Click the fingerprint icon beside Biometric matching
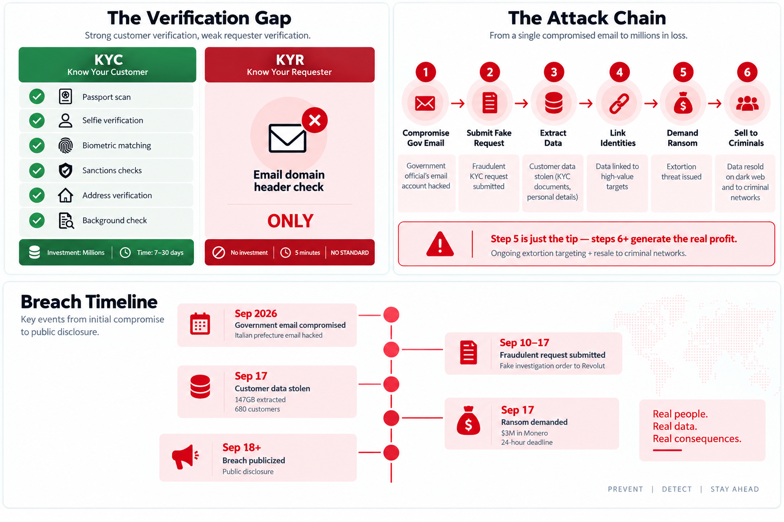(x=65, y=145)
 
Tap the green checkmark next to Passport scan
(x=37, y=96)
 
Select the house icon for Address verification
(x=65, y=195)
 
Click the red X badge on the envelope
(x=314, y=120)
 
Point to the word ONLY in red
(x=290, y=221)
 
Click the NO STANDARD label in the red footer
(x=350, y=252)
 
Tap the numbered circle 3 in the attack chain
(x=554, y=72)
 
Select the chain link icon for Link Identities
(x=619, y=103)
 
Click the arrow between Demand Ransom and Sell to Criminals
(x=715, y=103)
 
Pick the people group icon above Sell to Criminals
(x=747, y=103)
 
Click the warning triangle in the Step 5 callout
(x=440, y=244)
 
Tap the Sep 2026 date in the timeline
(x=256, y=314)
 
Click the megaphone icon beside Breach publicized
(x=185, y=457)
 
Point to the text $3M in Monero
(x=524, y=433)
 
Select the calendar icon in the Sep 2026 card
(x=200, y=324)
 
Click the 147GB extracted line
(x=260, y=400)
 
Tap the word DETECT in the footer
(x=676, y=489)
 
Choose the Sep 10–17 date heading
(x=524, y=343)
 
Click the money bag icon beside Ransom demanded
(x=468, y=421)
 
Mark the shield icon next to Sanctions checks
(x=65, y=171)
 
